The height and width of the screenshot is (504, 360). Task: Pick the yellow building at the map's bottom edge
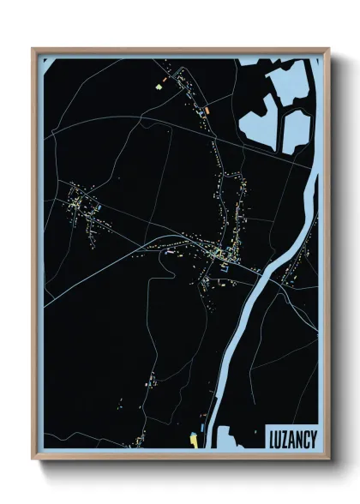[x=194, y=440]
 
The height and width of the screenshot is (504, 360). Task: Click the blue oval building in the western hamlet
[x=99, y=207]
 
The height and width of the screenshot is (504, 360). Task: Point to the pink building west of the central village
[x=169, y=254]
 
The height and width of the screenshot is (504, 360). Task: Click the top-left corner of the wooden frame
[x=33, y=49]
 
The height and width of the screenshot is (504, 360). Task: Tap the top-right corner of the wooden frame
[x=328, y=49]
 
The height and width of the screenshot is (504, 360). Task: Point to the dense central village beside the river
[x=219, y=255]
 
